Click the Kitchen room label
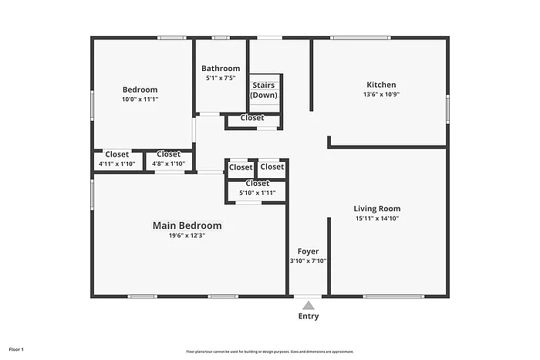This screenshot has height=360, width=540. tap(381, 85)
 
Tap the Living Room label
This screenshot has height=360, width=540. tap(376, 209)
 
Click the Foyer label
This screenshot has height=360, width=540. tap(308, 251)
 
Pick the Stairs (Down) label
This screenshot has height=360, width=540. tap(265, 89)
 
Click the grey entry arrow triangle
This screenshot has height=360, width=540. tap(308, 305)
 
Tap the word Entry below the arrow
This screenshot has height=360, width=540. tap(308, 316)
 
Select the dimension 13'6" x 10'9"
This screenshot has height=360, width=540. tap(381, 95)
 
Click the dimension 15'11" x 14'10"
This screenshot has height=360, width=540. tap(376, 219)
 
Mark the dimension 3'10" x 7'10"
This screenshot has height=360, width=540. tap(308, 261)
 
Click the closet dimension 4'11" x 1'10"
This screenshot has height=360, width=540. tap(117, 163)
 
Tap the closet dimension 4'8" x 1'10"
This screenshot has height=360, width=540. tap(169, 163)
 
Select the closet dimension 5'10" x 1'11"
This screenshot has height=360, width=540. tap(257, 193)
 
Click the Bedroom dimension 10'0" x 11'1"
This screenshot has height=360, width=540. tap(140, 99)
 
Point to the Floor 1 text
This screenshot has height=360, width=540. tap(16, 350)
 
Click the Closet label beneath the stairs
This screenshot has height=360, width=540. tap(252, 118)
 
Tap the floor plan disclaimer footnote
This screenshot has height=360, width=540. tap(269, 352)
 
